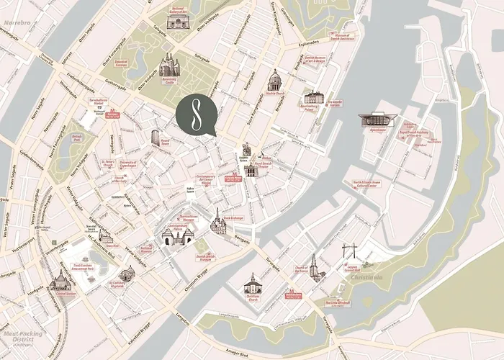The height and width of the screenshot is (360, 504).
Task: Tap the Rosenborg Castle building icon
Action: (x=169, y=67)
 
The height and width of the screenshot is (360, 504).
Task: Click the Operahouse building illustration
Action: (x=373, y=120)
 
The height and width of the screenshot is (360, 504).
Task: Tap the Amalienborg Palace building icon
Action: (x=313, y=97)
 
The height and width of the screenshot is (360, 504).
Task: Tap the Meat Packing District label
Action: (x=22, y=336)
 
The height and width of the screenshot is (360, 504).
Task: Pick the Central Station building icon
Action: (x=60, y=282)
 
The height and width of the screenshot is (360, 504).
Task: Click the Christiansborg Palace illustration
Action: (x=176, y=235)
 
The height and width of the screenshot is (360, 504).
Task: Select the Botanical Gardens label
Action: (x=121, y=63)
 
